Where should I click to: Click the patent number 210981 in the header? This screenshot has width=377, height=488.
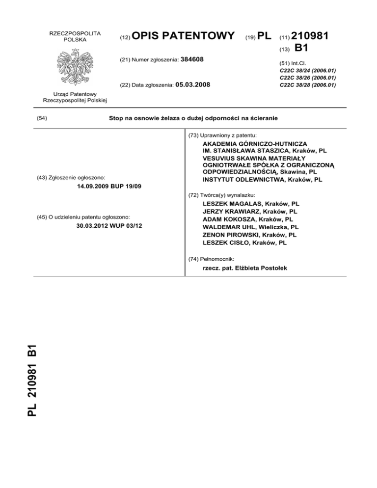coord(311,36)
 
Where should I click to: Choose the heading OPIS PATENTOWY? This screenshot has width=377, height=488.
coord(185,36)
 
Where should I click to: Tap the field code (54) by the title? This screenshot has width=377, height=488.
coord(43,118)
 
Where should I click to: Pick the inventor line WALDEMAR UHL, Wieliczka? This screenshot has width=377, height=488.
coord(250,227)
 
